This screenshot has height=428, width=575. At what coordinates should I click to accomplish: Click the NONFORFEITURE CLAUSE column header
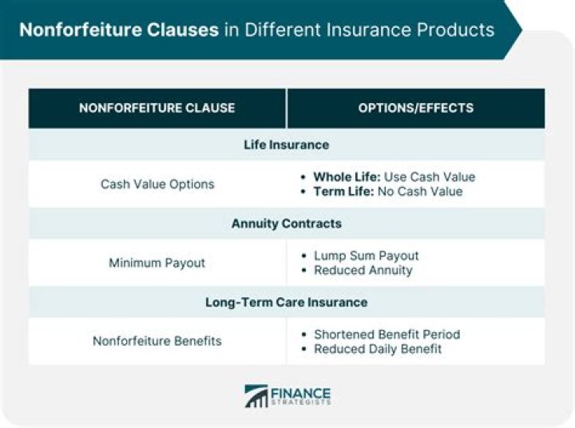(157, 109)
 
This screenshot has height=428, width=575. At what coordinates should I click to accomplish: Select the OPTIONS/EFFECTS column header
(415, 109)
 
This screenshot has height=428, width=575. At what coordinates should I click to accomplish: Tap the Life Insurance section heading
(286, 145)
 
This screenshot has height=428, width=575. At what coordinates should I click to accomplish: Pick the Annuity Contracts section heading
(286, 224)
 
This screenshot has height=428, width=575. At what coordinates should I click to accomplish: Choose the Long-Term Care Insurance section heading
(286, 303)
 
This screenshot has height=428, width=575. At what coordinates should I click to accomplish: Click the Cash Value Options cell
(157, 184)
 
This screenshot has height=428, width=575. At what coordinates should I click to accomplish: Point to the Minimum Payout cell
(157, 263)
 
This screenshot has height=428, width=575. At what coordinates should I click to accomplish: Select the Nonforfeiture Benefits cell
(157, 341)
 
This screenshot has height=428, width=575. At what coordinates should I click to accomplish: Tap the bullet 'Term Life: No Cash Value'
(387, 192)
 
